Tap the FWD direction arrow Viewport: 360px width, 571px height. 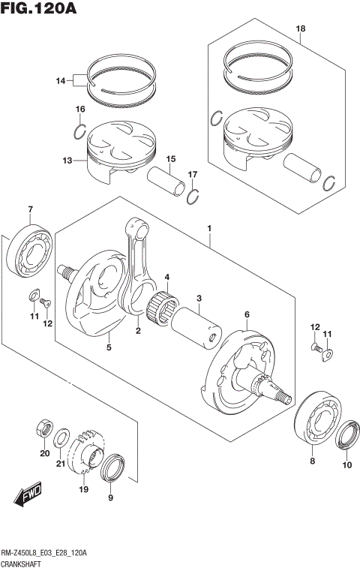tap(27, 494)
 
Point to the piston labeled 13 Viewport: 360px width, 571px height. tap(120, 150)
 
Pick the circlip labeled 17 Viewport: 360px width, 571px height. tap(193, 197)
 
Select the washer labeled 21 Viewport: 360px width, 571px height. tap(64, 437)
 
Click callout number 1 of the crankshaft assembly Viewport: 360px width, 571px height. tap(211, 228)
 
